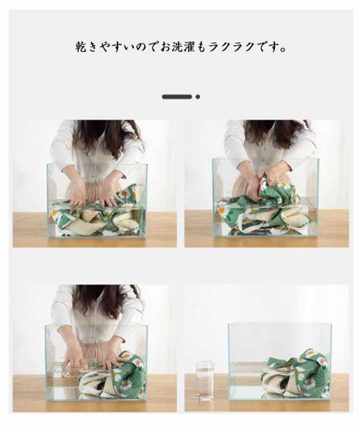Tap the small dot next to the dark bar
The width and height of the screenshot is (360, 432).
coord(198,97)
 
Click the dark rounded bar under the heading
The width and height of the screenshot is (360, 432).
coord(177,97)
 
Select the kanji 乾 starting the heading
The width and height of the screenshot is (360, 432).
coord(82,47)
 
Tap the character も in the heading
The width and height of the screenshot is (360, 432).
coord(202,47)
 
